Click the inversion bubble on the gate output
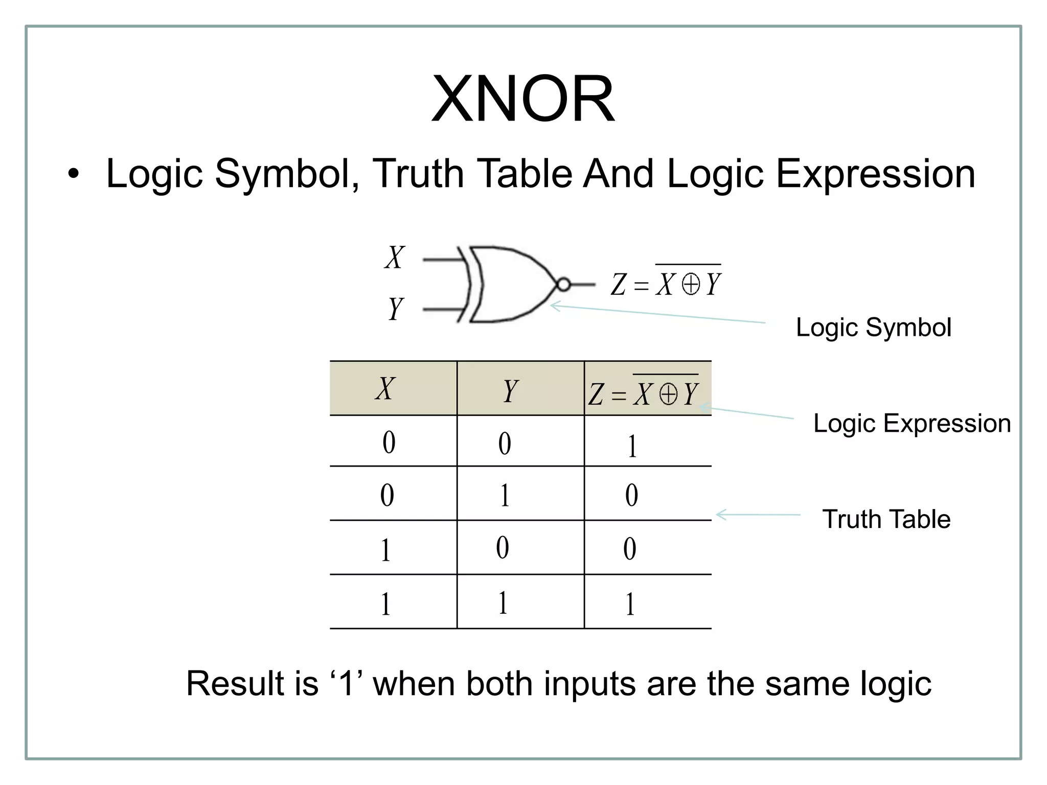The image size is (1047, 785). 563,284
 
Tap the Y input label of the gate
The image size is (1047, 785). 396,309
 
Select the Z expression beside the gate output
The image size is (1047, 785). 666,283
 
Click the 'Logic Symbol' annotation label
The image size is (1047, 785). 873,327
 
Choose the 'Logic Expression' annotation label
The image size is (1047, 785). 912,423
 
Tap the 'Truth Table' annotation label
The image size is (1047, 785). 886,519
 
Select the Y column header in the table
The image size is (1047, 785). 510,391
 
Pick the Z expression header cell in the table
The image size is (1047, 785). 644,392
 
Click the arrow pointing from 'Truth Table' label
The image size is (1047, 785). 758,515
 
